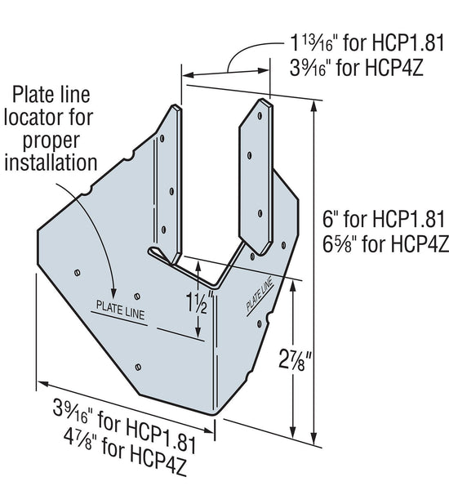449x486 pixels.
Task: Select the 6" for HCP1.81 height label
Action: pos(383,219)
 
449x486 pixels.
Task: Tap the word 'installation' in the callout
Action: pos(51,161)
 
